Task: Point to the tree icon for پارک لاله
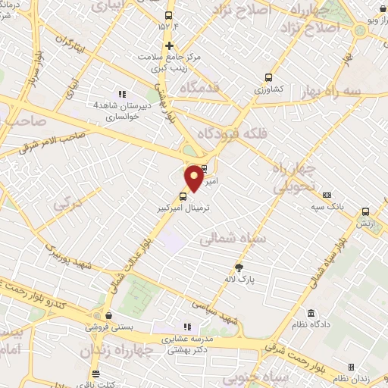240,267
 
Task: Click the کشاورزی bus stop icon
268,77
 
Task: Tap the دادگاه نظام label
311,326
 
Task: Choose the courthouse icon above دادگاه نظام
311,313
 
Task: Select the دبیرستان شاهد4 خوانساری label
123,111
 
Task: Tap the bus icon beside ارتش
367,213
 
